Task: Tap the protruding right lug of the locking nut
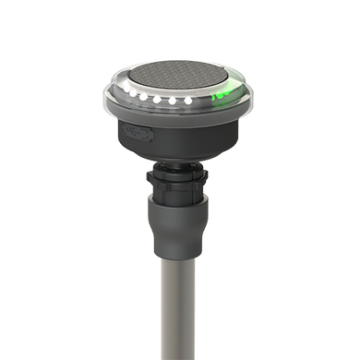click(209, 177)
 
